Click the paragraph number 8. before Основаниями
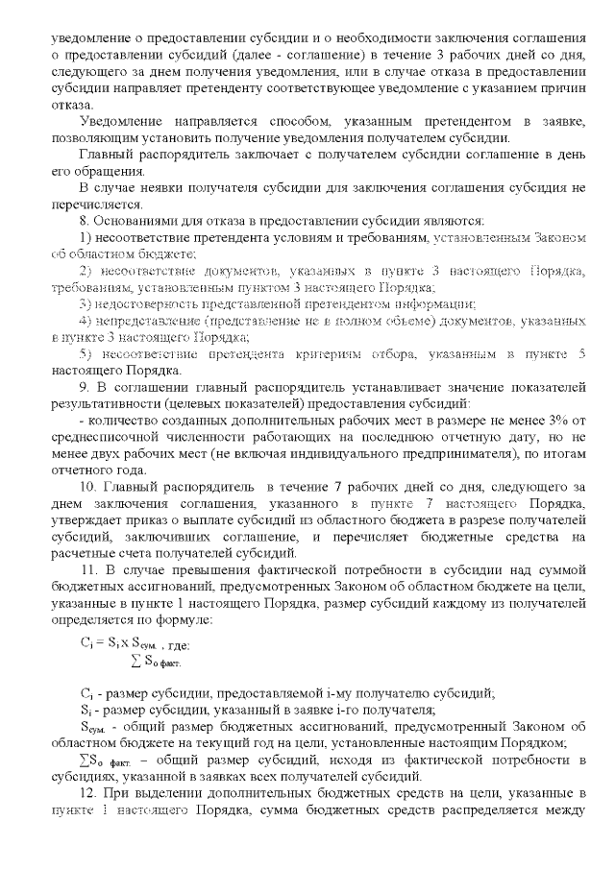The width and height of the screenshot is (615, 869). pos(84,223)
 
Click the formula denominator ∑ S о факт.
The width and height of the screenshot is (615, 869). pos(156,661)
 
